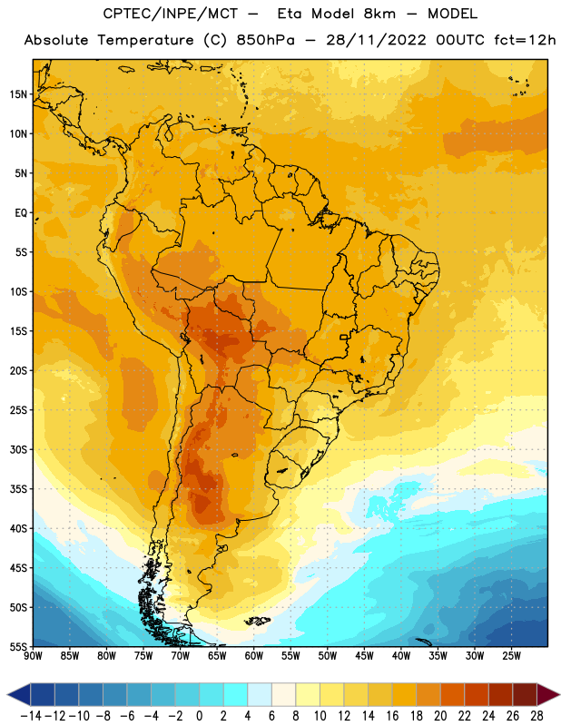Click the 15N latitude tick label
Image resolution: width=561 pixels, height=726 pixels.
coord(18,94)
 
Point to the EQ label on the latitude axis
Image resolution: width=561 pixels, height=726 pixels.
coord(21,213)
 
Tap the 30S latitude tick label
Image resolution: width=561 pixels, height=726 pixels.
coord(18,449)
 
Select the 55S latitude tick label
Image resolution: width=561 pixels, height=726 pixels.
coord(18,646)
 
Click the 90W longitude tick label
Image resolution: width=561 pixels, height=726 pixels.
coord(33,656)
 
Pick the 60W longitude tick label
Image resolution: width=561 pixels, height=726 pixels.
coord(254,656)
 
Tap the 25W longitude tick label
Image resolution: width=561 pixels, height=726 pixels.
coord(511,656)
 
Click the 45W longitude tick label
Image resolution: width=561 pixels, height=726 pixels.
coord(364,656)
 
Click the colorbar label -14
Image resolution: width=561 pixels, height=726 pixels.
coord(31,716)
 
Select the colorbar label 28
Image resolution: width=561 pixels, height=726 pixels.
coord(536,716)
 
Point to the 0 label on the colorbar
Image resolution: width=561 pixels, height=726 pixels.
coord(199,716)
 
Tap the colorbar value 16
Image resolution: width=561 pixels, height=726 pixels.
coord(392,716)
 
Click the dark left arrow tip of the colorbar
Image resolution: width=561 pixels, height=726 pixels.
coord(8,694)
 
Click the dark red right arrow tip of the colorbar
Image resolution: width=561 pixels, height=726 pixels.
coord(558,694)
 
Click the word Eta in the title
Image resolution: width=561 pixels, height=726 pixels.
coord(290,14)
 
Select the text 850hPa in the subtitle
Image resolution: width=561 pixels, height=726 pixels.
coord(265,40)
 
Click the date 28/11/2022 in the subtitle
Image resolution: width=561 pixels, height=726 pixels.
coord(376,40)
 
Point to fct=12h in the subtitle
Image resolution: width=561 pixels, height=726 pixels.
coord(525,40)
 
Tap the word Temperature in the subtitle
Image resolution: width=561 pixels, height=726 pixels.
coord(145,40)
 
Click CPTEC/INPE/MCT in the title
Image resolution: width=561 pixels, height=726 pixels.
coord(171,14)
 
